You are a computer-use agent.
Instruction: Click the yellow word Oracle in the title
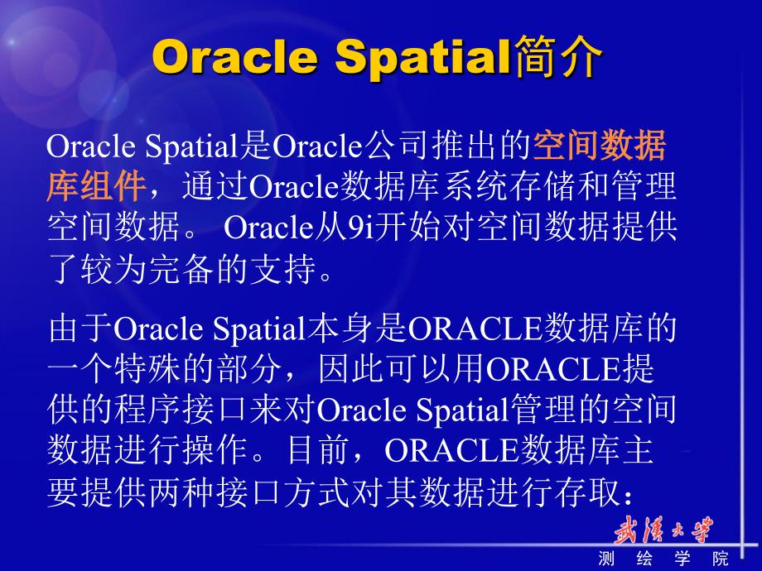235,57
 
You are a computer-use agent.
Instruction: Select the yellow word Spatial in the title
422,57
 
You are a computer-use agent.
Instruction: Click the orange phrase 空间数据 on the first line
600,145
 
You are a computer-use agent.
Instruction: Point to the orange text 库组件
97,185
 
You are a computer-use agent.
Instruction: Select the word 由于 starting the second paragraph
80,329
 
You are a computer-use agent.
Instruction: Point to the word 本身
340,329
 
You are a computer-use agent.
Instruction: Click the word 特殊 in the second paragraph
147,370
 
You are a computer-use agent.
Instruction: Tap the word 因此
351,370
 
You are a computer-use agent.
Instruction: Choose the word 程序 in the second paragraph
147,410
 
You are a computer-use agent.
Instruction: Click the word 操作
215,450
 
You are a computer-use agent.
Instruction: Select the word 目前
318,450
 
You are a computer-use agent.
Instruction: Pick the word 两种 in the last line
181,492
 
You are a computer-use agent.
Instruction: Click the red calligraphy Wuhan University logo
663,530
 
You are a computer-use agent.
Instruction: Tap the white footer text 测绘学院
663,559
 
